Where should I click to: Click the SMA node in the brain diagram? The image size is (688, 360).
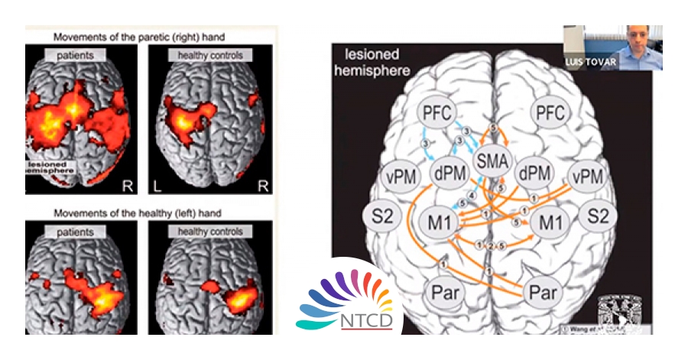(492, 161)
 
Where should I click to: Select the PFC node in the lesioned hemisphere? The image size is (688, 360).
(439, 115)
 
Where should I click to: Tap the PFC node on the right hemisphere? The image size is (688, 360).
(550, 115)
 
